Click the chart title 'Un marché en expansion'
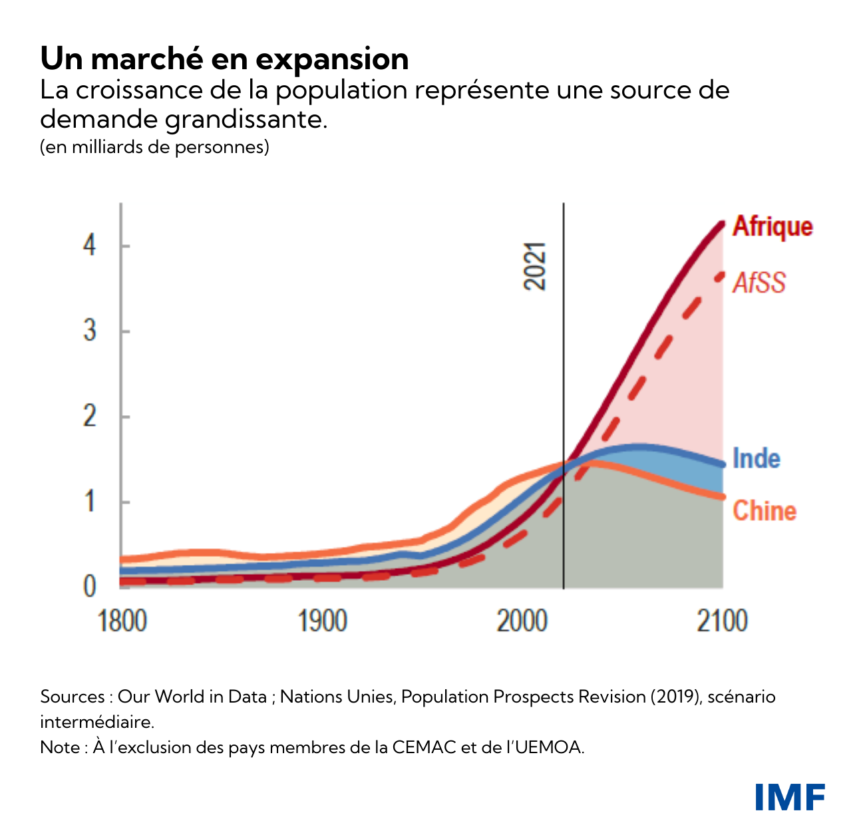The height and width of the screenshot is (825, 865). tap(224, 59)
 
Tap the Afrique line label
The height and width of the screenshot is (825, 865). tap(773, 227)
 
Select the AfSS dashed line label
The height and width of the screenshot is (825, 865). tap(759, 283)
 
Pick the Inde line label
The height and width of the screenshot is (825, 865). tap(757, 458)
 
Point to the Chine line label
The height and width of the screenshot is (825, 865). tap(765, 511)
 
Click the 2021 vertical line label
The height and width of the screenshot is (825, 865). tap(535, 266)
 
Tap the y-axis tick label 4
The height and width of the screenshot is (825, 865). tap(90, 246)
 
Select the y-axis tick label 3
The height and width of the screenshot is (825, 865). tap(90, 331)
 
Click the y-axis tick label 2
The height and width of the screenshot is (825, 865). tap(90, 416)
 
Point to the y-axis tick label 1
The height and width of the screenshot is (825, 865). tap(90, 502)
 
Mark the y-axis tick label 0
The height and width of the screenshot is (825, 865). tap(90, 587)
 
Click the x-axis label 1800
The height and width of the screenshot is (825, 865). tap(122, 621)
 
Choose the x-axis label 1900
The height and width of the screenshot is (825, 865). tap(323, 621)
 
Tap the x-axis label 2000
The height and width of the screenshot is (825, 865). tap(522, 621)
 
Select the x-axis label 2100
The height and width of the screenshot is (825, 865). tap(723, 621)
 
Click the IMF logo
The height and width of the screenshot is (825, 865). tap(790, 797)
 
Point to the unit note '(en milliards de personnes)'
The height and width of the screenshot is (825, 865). tap(154, 147)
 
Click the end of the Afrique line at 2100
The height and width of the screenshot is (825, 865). tap(722, 223)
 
